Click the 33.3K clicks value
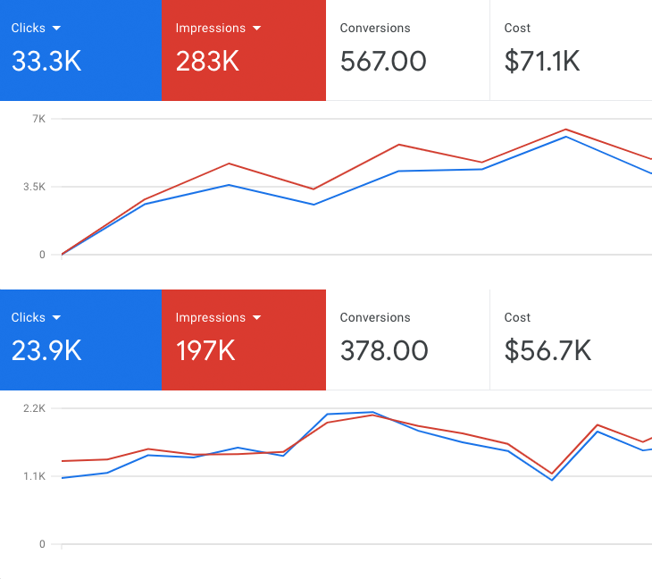[46, 61]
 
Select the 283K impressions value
[207, 61]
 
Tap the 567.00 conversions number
[383, 61]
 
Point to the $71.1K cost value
[542, 61]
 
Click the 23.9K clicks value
[46, 350]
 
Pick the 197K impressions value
[205, 350]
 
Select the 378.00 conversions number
[384, 350]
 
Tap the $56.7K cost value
[548, 350]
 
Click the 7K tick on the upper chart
[38, 119]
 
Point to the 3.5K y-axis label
[34, 187]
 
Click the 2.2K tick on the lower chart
[34, 408]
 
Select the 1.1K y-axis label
[34, 476]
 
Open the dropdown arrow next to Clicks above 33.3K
[57, 29]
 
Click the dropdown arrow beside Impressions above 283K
[257, 29]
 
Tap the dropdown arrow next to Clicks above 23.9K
[57, 318]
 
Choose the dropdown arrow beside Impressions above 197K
[257, 318]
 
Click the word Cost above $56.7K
[517, 317]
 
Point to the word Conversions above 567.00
[375, 28]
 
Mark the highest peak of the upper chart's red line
[566, 129]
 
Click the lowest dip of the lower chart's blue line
[552, 480]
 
